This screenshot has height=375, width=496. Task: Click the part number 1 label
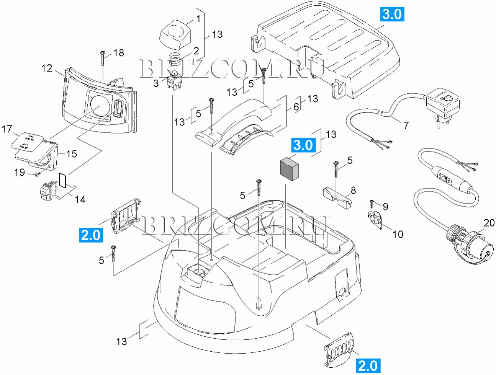point(198,18)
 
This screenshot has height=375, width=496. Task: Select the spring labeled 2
point(175,59)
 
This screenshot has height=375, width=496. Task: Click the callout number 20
point(489,223)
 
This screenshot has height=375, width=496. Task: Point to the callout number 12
point(47,68)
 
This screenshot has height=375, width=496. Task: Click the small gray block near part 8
point(289,169)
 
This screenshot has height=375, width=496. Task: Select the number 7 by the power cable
point(406,125)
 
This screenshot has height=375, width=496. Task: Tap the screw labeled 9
point(372,202)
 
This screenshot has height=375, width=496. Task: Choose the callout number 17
point(7,129)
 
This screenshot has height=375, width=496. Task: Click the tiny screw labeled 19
point(37,174)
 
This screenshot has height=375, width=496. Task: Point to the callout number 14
point(80,199)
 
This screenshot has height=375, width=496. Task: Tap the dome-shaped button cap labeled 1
point(175,33)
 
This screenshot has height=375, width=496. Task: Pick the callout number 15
point(72,154)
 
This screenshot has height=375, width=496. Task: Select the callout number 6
point(296,107)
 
